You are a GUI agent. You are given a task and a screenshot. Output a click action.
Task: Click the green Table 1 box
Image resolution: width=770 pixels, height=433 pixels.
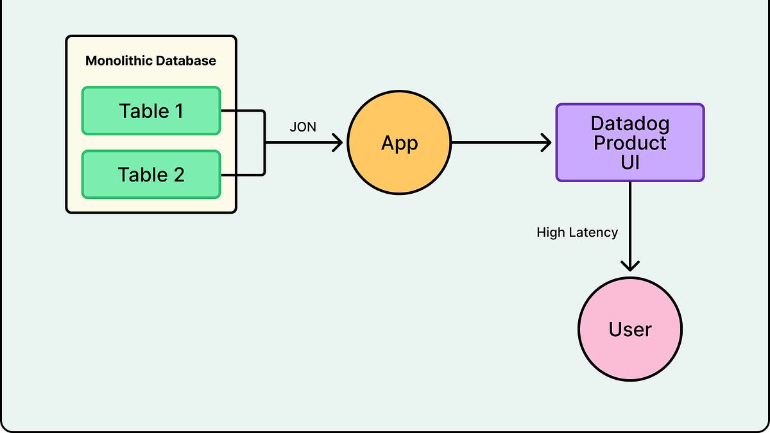coord(151,111)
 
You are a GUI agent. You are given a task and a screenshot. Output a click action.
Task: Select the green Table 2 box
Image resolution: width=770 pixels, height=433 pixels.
coord(151,174)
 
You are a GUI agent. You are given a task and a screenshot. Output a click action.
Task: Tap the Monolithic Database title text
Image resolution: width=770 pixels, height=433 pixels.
coord(151,62)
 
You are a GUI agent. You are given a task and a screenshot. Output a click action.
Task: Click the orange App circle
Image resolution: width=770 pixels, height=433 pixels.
coord(399,143)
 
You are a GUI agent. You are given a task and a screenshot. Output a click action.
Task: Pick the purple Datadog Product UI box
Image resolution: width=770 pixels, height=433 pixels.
coord(629,142)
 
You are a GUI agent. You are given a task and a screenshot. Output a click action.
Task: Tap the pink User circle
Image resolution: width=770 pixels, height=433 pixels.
coord(629,330)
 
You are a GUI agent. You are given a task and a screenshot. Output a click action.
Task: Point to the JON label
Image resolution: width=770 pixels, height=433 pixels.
coord(303,127)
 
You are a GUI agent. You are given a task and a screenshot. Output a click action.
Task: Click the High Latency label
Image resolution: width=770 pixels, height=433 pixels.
coord(577,232)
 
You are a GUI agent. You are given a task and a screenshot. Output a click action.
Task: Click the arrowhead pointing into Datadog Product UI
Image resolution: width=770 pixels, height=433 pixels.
coord(547,143)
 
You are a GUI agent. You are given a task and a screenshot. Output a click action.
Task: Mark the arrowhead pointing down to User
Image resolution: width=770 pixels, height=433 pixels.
coord(630,265)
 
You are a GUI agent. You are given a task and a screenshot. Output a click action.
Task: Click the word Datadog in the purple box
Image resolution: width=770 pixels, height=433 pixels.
coord(629,123)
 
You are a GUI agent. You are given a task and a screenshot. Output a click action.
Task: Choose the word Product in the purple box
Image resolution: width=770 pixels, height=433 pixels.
coord(629,142)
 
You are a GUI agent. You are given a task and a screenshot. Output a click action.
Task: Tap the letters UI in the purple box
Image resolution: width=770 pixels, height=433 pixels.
coord(629,162)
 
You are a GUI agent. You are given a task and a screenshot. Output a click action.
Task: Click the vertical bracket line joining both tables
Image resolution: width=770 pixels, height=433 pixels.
coord(264,142)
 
